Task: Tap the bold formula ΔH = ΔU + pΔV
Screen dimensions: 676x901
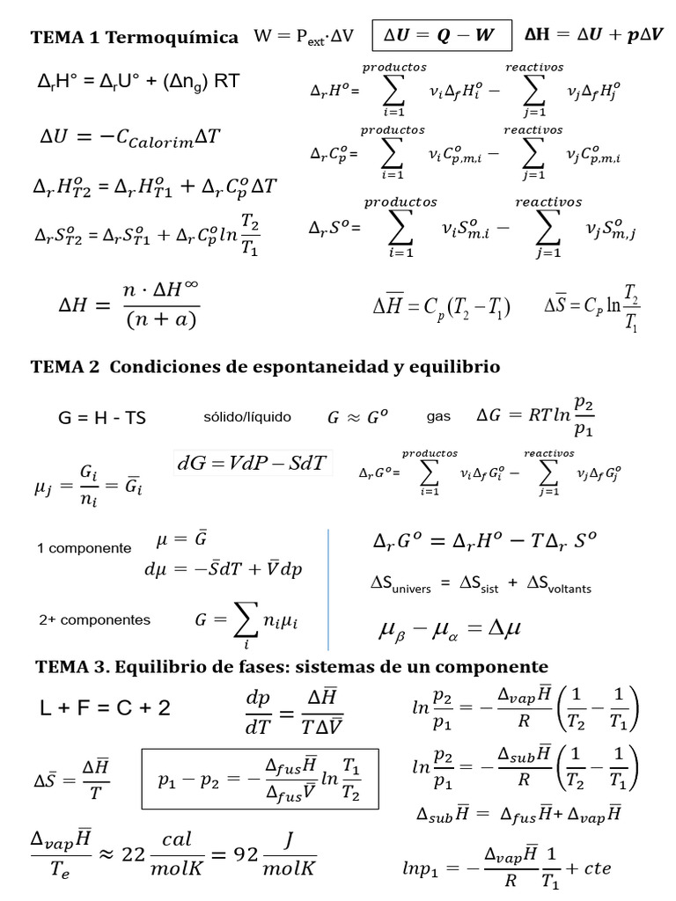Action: [595, 36]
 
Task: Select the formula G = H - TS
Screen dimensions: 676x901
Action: [102, 419]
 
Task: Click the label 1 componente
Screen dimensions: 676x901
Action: [84, 548]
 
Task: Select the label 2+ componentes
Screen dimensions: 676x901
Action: [94, 619]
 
